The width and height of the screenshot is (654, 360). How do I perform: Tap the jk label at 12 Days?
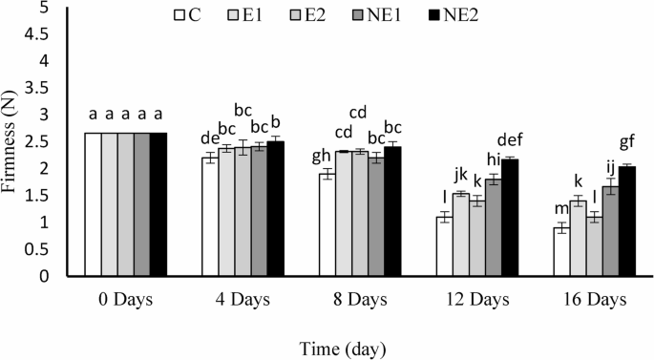coord(460,175)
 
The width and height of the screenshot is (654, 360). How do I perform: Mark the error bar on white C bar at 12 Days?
coord(444,218)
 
